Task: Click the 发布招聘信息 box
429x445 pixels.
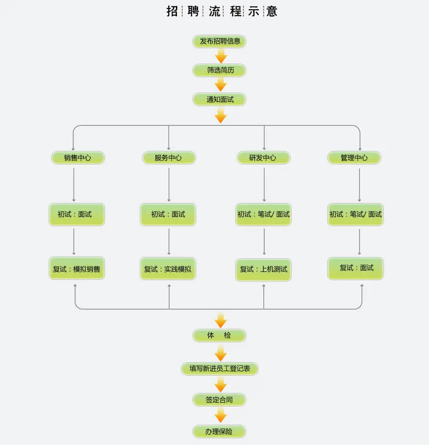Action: click(219, 41)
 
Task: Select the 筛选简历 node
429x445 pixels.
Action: click(219, 70)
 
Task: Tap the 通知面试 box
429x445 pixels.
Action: click(219, 99)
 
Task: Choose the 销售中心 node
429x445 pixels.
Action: click(78, 158)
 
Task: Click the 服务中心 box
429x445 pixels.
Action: click(169, 158)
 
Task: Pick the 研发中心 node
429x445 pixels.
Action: click(264, 158)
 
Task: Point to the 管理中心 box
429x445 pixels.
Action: click(354, 158)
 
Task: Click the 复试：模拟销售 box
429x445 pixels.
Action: click(77, 268)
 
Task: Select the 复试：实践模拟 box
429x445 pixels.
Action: click(168, 269)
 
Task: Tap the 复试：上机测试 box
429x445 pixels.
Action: click(264, 270)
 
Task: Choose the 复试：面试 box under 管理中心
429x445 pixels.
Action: click(356, 269)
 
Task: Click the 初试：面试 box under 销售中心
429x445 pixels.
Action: click(77, 215)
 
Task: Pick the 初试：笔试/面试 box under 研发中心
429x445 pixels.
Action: click(264, 215)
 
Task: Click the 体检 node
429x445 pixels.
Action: click(219, 336)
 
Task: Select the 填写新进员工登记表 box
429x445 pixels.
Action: click(220, 369)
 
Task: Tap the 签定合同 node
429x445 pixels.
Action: click(219, 400)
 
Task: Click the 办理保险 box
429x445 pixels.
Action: click(219, 432)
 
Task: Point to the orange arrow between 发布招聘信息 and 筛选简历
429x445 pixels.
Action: click(221, 56)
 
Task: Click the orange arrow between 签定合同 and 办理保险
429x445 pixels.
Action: click(221, 415)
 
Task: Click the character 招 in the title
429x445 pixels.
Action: click(172, 12)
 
